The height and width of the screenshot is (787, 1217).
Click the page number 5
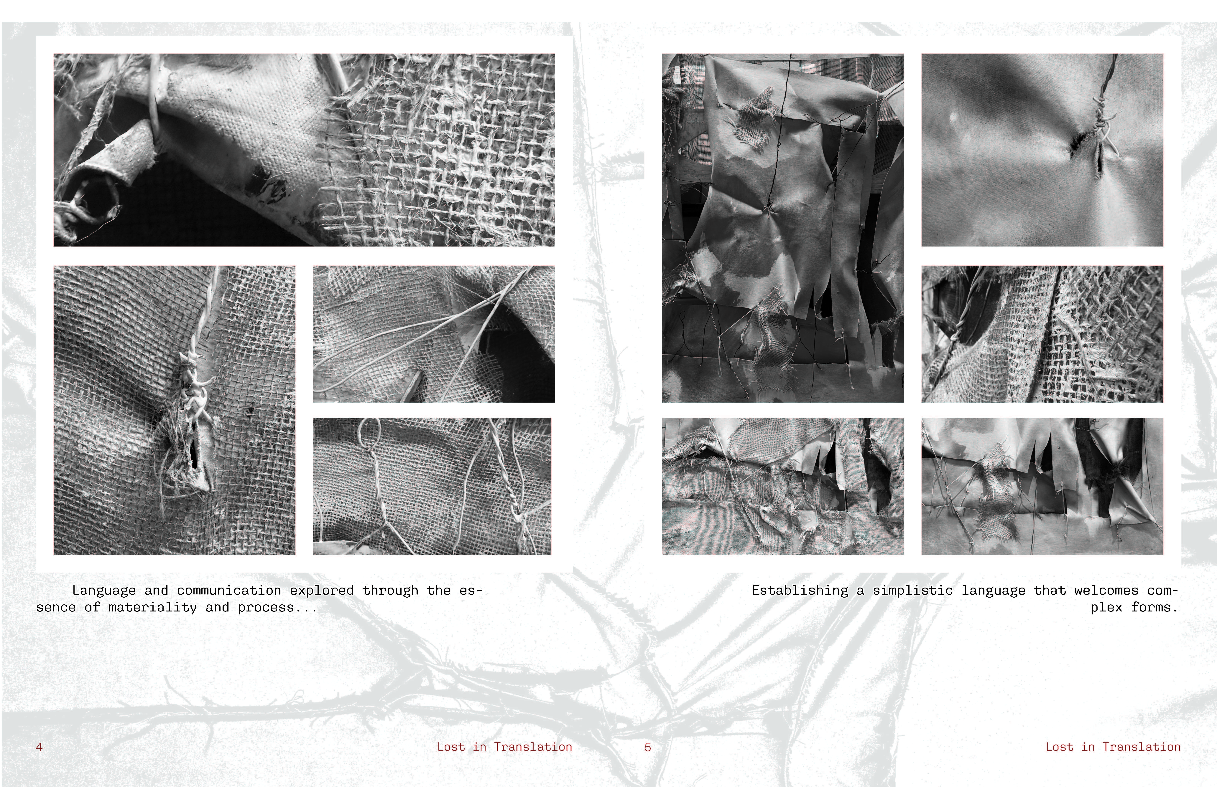647,747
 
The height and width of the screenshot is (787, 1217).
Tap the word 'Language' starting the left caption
104,590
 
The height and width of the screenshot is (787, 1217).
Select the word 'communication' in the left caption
228,590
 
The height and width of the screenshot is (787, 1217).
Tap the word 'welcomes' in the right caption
1106,590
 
